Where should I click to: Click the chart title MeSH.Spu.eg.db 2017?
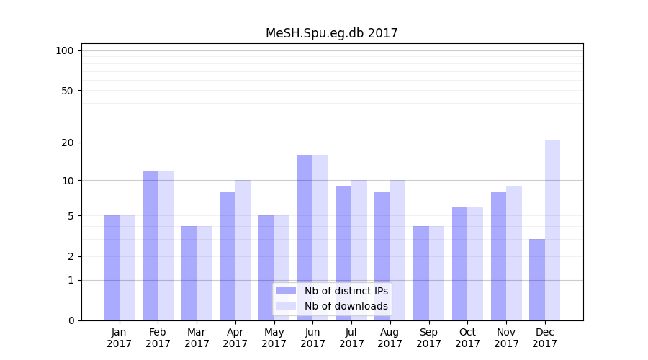[331, 33]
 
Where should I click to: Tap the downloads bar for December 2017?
[552, 230]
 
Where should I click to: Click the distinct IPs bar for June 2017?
[305, 238]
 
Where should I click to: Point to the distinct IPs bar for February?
[150, 246]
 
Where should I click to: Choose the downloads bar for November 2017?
[514, 253]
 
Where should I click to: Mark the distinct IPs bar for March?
[189, 273]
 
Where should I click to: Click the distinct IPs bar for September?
[421, 273]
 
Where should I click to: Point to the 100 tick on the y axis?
[65, 50]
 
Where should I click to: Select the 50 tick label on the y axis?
[67, 91]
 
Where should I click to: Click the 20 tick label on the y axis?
[67, 143]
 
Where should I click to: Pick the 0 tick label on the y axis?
[71, 320]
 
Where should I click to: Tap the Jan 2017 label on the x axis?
[120, 338]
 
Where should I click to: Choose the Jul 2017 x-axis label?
[351, 338]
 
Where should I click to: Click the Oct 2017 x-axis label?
[467, 338]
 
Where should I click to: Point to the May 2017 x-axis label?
[274, 338]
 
